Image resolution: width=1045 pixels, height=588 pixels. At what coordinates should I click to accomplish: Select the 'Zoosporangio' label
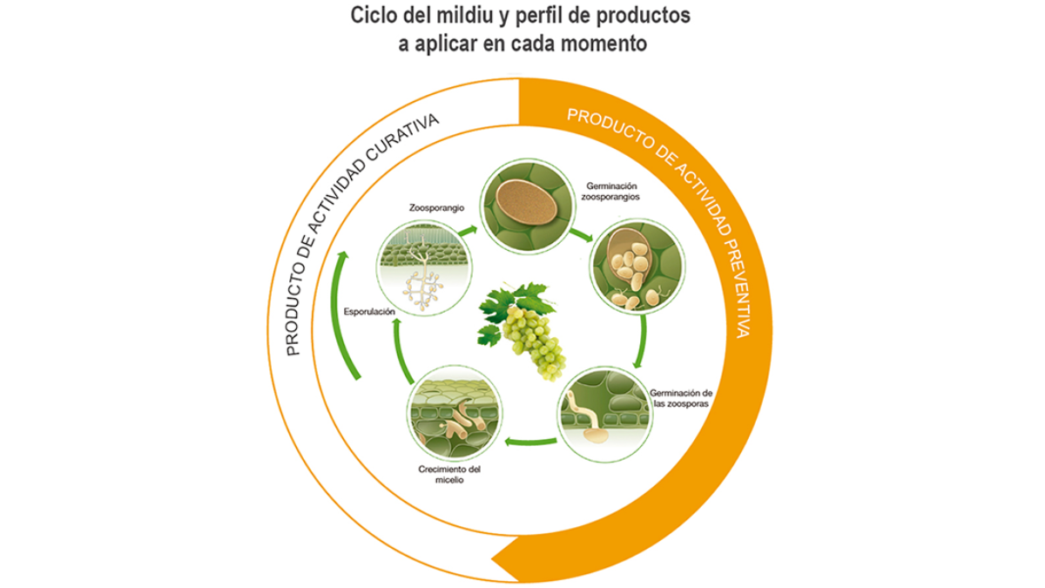436,207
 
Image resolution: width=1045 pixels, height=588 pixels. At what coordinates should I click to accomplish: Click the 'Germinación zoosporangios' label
610,192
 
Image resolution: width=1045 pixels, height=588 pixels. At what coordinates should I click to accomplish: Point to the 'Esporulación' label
369,312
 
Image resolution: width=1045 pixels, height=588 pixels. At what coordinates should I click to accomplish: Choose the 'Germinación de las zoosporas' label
681,399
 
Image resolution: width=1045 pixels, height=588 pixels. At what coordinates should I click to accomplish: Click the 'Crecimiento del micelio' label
449,475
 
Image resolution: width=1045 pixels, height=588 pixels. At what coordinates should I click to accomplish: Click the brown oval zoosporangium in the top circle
526,201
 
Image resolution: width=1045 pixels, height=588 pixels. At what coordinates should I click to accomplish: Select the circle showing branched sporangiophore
424,268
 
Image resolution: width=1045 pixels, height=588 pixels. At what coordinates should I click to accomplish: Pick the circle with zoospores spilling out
637,267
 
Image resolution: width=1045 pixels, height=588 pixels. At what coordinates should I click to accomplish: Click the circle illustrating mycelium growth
455,414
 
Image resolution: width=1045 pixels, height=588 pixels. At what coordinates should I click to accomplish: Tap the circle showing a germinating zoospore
604,415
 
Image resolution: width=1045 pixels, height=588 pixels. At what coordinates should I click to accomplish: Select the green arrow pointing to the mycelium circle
531,441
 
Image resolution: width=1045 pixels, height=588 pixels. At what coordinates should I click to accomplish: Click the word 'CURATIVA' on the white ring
403,140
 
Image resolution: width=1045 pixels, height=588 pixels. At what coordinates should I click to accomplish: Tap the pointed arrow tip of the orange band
492,558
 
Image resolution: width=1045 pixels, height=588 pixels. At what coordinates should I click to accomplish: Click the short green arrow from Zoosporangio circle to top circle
468,231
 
